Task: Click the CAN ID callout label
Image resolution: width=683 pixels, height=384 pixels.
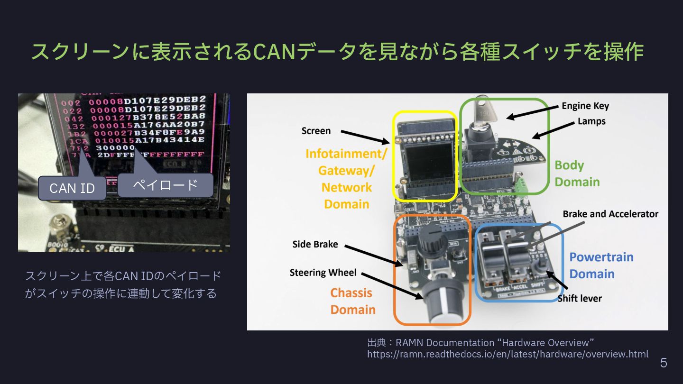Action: (x=72, y=188)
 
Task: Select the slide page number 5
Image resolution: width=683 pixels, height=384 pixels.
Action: (x=664, y=363)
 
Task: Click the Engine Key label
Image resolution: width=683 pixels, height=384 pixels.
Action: (x=585, y=106)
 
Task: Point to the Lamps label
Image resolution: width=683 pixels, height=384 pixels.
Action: (x=591, y=121)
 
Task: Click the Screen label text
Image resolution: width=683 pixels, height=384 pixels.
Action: (x=316, y=131)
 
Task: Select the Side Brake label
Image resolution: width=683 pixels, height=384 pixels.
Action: (x=315, y=244)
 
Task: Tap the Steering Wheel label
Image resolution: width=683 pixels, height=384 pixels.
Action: (x=323, y=273)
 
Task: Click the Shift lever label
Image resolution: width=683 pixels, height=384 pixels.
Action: (x=579, y=298)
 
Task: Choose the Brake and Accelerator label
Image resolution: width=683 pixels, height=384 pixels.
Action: (x=610, y=214)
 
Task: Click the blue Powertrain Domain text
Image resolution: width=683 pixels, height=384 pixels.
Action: (x=601, y=265)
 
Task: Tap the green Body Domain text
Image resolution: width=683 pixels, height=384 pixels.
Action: (x=577, y=174)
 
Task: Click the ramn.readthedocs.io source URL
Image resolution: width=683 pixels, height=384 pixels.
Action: (x=508, y=354)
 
